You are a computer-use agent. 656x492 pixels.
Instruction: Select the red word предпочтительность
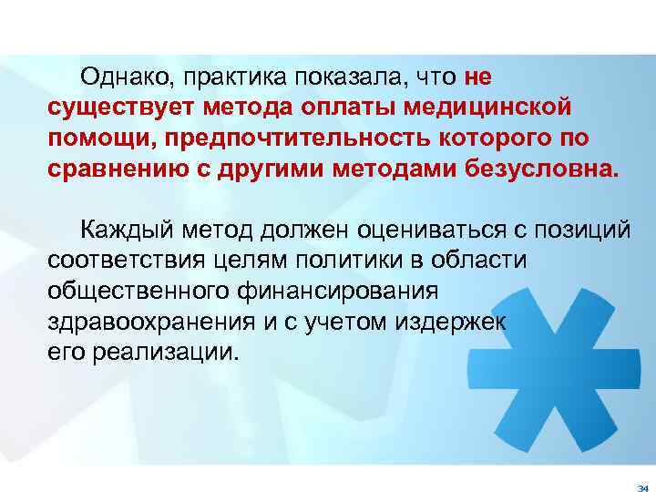coord(308,137)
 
